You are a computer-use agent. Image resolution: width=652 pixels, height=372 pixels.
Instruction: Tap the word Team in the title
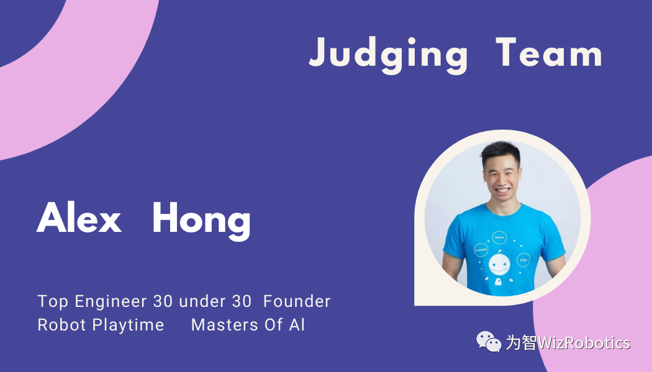(548, 52)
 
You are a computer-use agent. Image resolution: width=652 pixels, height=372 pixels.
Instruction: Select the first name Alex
(79, 217)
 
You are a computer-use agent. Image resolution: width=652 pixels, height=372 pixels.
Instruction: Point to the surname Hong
(201, 221)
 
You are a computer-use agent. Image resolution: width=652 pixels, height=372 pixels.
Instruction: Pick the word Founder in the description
(297, 301)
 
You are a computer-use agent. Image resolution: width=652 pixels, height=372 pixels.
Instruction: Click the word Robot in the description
(62, 325)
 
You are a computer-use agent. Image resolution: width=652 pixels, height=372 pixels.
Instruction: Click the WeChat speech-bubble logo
(489, 342)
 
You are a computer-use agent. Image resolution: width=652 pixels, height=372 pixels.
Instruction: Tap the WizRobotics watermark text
(568, 342)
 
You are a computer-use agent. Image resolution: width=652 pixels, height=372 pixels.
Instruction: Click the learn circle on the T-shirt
(499, 238)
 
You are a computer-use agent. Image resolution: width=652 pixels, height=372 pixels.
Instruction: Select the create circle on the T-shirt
(481, 250)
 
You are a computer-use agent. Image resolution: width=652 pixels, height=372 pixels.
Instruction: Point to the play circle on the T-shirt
(523, 260)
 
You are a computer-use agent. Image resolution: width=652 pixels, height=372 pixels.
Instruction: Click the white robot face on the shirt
(499, 265)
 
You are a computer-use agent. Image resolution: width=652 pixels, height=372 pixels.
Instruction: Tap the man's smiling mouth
(502, 190)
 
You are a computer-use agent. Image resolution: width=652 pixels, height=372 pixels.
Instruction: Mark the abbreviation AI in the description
(297, 325)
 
